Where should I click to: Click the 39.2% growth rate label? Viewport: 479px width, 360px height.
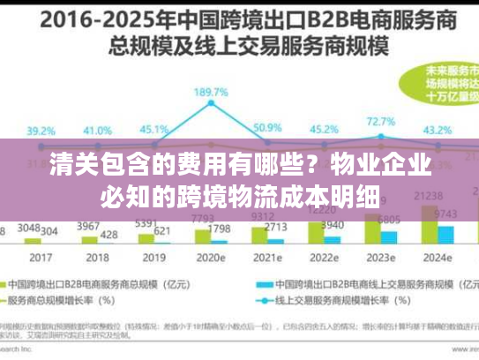coord(40,131)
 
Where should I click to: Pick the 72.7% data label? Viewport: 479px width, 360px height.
coord(380,121)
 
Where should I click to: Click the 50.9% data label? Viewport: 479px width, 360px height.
coord(266,129)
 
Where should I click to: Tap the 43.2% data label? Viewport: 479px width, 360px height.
coord(438,131)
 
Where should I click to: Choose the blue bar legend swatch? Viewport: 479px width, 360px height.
coord(262,285)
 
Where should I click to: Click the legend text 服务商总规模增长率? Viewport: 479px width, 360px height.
coord(67,302)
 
